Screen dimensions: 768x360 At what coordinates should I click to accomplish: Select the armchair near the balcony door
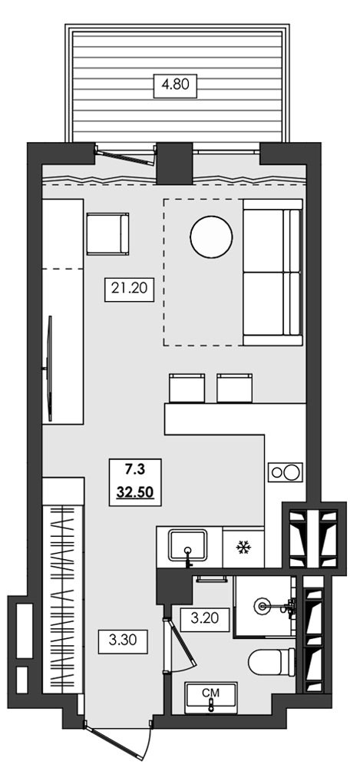(x=107, y=235)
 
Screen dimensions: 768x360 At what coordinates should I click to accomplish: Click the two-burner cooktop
(x=283, y=472)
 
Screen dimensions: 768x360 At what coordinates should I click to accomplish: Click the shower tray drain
(x=265, y=606)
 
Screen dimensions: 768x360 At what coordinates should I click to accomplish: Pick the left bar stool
(x=186, y=387)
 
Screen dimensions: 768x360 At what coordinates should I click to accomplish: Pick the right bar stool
(x=234, y=387)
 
